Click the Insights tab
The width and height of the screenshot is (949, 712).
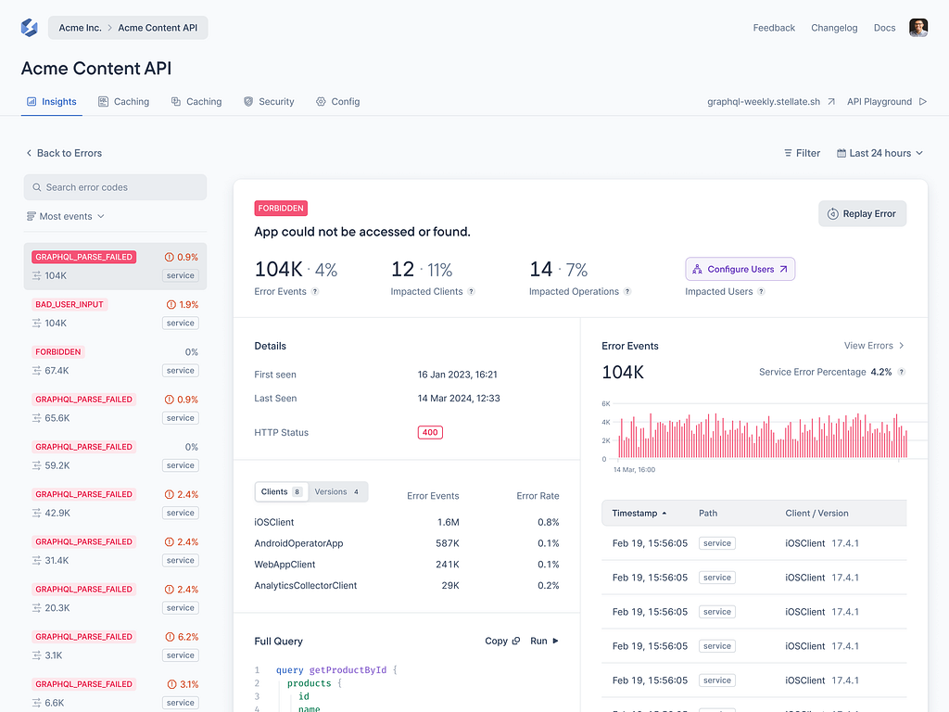(x=52, y=102)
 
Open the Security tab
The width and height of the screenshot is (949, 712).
(x=269, y=102)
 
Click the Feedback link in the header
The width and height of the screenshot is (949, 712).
(x=774, y=28)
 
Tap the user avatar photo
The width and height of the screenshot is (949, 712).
(x=917, y=28)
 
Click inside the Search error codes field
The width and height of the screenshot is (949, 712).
(x=115, y=187)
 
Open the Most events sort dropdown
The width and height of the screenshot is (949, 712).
(x=66, y=216)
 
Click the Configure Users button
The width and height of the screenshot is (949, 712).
(x=740, y=269)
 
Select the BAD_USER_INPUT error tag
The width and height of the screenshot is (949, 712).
(x=70, y=304)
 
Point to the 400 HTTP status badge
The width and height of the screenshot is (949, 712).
(x=430, y=432)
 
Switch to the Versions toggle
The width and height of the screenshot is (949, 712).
(x=336, y=492)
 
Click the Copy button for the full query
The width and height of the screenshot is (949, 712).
(x=502, y=641)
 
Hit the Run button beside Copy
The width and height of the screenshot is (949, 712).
(x=544, y=641)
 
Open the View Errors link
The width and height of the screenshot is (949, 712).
(x=873, y=346)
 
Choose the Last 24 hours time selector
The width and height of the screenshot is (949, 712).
(x=879, y=153)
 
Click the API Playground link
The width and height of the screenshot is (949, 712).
(x=886, y=102)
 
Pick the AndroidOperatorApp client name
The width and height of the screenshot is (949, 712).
(x=298, y=543)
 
